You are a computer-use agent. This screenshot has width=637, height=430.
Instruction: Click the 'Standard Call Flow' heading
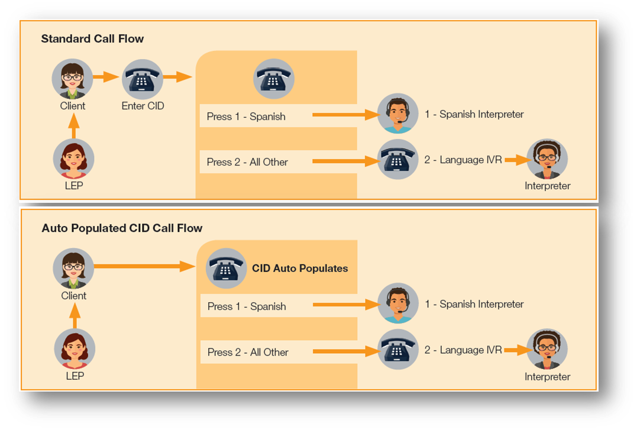(92, 39)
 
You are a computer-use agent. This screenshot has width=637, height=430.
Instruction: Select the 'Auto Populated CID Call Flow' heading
(122, 228)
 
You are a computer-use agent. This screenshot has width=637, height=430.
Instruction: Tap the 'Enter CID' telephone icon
(143, 79)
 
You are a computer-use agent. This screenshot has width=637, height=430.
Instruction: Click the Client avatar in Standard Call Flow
(73, 79)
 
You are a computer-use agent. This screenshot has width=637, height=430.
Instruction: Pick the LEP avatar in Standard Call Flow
(73, 159)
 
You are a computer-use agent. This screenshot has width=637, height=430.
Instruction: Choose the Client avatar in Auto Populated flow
(73, 269)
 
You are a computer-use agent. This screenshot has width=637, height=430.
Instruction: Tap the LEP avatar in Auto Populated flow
(75, 349)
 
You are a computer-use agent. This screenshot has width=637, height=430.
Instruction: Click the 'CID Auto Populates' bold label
(300, 269)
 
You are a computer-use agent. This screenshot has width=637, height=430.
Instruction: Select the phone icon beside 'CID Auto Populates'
(226, 269)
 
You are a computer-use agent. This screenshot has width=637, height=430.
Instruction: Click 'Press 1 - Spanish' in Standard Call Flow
(246, 117)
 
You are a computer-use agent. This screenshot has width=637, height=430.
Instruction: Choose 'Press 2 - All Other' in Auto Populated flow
(248, 352)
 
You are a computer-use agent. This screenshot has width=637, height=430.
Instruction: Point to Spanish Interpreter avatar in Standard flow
(398, 114)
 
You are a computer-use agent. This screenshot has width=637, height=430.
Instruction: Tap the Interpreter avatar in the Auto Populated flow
(547, 350)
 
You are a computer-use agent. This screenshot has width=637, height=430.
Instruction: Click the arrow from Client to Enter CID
(106, 77)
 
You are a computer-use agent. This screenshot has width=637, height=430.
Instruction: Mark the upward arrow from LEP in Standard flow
(73, 127)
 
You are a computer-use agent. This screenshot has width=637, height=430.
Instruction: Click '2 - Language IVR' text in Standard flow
(463, 160)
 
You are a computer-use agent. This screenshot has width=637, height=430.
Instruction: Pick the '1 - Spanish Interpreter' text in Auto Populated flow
(474, 304)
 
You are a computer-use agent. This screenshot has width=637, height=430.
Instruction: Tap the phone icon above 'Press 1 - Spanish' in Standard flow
(274, 78)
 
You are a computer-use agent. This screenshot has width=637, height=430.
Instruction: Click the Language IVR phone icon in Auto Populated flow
(398, 350)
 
